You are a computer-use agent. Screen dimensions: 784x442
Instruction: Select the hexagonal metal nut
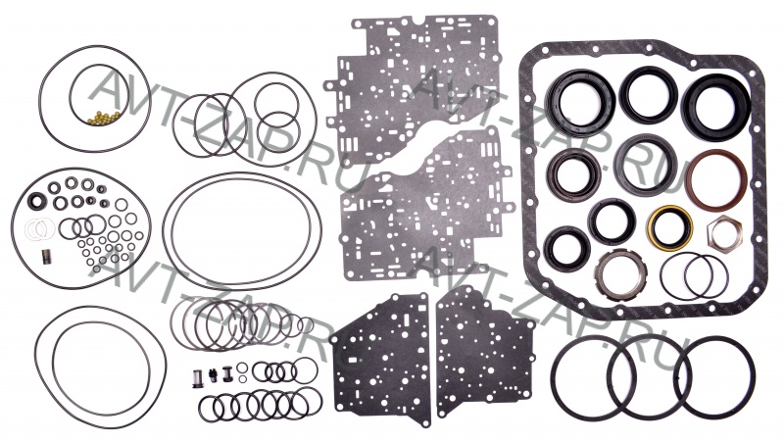coord(724,232)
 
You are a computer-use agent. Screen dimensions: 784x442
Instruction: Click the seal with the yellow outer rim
coord(670,226)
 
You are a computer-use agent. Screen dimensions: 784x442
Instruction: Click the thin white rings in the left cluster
coord(38,229)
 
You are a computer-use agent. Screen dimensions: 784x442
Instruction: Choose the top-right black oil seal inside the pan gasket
coord(716,106)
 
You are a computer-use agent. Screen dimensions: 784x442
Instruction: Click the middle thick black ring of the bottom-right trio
coord(645,376)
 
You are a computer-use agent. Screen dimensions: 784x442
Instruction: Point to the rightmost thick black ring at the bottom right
coord(714,376)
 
